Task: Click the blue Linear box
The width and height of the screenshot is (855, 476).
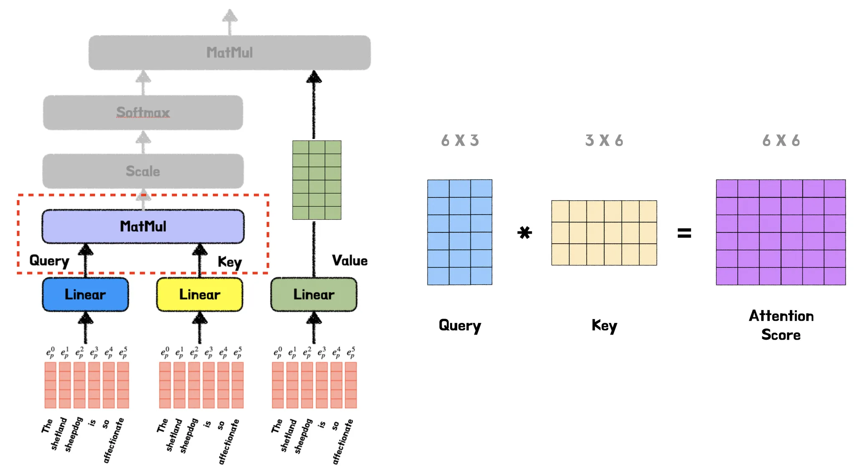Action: coord(85,295)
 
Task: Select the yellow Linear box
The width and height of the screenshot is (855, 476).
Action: coord(200,295)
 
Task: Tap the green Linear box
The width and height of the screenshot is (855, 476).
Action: coord(314,295)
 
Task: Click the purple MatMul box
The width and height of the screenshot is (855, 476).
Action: coord(143,227)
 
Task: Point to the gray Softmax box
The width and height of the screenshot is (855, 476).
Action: coord(143,112)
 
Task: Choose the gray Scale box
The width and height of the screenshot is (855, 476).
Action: coord(143,171)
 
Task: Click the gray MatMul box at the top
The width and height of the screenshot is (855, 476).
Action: coord(230,53)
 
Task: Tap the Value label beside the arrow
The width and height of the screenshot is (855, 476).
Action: coord(350,261)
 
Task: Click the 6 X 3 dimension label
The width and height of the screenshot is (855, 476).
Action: coord(460,141)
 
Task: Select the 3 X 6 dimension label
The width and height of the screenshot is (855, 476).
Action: coord(604,141)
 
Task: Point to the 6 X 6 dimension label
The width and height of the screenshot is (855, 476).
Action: coord(781,141)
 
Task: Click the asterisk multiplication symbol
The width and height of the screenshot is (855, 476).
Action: coord(525,232)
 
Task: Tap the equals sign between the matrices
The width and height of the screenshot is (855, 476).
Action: coord(684,233)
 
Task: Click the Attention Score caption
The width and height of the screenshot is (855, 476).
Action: coord(781,325)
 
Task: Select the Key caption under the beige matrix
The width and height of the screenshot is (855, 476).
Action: coord(604,325)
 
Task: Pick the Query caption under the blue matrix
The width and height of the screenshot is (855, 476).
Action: coord(460,325)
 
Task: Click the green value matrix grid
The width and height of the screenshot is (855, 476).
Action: coord(317,180)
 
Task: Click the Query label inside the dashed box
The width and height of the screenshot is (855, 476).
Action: coord(49,261)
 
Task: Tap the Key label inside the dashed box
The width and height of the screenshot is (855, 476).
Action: coord(230,262)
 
